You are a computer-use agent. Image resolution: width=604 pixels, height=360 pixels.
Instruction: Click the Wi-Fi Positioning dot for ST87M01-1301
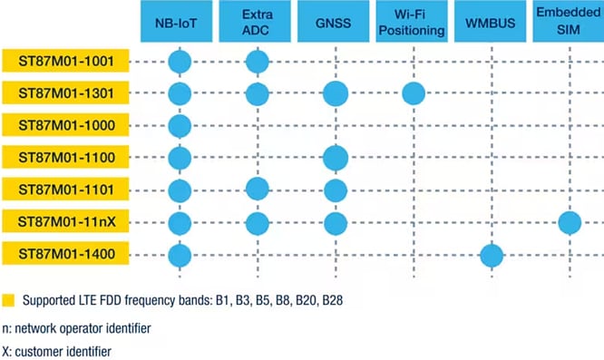[414, 92]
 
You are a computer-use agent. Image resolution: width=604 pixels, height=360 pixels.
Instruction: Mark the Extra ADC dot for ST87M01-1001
[257, 63]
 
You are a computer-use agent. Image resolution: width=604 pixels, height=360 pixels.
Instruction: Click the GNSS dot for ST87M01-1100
[335, 157]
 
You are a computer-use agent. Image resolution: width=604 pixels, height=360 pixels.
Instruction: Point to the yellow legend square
[9, 298]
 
